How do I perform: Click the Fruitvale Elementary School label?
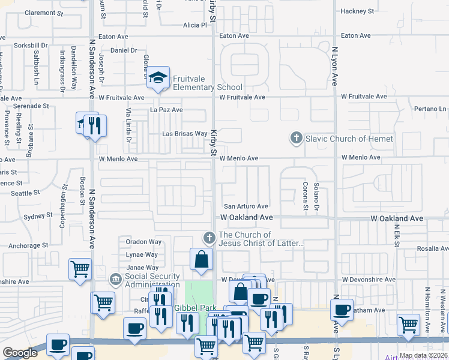coord(208,83)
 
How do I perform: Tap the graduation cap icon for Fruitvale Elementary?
coord(158,77)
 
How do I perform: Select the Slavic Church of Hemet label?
coord(349,139)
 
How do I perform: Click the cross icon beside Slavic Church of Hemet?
coord(295,139)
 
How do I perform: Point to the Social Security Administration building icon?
coord(116,280)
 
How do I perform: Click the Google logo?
coord(20,353)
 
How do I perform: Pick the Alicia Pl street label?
coord(195,25)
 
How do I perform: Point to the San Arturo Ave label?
coord(246,206)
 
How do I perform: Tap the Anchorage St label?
coord(28,245)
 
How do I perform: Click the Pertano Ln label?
coord(430,109)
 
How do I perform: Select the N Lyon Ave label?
coord(334,66)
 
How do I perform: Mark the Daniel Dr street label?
coord(124,51)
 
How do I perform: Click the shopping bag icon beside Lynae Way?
coord(202,259)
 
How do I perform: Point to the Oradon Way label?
coord(143,242)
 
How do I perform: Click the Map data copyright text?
coord(423,355)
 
